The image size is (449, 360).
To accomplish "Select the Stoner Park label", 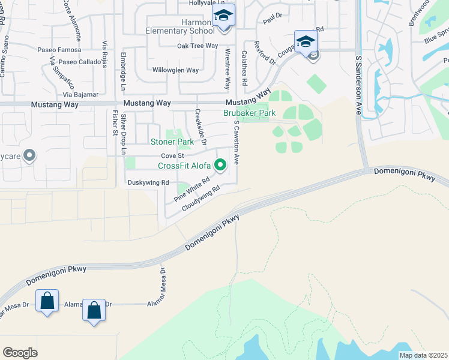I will [x=172, y=142].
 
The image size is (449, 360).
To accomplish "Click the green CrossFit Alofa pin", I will [x=221, y=164].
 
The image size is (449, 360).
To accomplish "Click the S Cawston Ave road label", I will [x=237, y=142].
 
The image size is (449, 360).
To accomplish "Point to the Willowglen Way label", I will [x=175, y=70].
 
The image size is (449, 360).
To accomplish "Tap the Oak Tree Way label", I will [x=197, y=46].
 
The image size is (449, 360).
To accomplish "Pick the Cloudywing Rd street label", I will [x=201, y=197].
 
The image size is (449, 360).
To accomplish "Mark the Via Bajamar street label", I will [x=80, y=95].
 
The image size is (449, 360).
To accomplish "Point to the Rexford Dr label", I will [x=265, y=53].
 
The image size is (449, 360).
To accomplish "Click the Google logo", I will [x=20, y=352].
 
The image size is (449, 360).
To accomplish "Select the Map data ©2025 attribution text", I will [x=423, y=355].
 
